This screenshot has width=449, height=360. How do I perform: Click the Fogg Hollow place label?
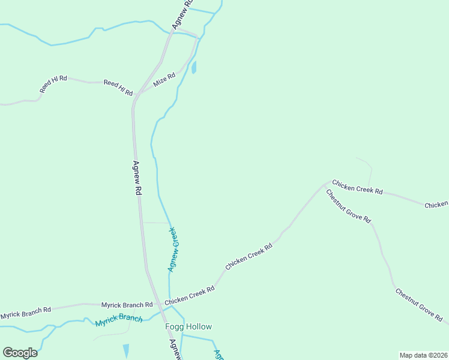[188, 326]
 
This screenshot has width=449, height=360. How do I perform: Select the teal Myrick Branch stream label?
[119, 320]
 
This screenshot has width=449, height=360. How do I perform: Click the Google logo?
[20, 353]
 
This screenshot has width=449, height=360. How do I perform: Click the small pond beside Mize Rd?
[194, 67]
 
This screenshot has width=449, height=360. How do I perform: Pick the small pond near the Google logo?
[126, 350]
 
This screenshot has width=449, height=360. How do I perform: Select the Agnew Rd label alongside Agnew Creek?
[137, 178]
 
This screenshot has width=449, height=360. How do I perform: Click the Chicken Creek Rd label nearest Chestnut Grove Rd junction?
[357, 187]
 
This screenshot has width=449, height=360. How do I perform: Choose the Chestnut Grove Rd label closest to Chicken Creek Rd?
[348, 206]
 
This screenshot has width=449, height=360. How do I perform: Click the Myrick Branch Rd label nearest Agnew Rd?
[127, 305]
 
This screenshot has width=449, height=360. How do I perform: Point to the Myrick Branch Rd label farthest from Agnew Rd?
[25, 312]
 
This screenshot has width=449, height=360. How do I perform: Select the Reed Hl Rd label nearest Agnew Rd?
[118, 87]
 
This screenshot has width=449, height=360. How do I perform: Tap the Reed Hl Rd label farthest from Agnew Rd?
[53, 84]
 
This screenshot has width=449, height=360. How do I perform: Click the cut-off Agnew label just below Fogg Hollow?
[175, 349]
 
